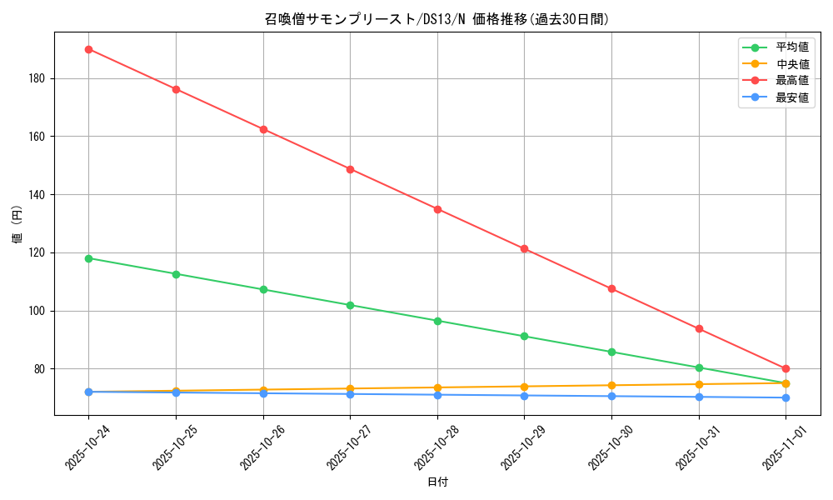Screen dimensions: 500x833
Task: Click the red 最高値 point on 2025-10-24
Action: pyautogui.click(x=88, y=49)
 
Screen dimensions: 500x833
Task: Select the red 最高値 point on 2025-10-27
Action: pyautogui.click(x=350, y=169)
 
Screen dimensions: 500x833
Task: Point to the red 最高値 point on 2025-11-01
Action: pyautogui.click(x=786, y=368)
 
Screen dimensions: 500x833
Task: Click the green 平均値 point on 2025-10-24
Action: pyautogui.click(x=88, y=258)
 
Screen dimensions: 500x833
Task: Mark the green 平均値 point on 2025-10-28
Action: pyautogui.click(x=437, y=321)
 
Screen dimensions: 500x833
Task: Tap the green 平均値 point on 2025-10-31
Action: pyautogui.click(x=699, y=367)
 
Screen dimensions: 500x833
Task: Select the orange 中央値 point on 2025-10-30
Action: pyautogui.click(x=611, y=385)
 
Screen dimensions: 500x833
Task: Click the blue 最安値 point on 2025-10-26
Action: pyautogui.click(x=263, y=392)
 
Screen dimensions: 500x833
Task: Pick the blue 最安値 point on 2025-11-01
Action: pyautogui.click(x=786, y=397)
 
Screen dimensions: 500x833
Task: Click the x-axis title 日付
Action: pyautogui.click(x=437, y=482)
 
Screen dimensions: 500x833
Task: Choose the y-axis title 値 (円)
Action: pyautogui.click(x=17, y=225)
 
